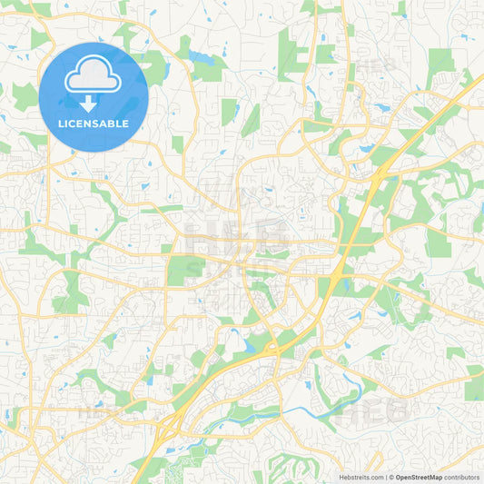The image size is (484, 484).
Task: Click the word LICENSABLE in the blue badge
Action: click(x=94, y=123)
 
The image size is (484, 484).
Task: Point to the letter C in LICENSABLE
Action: click(x=77, y=123)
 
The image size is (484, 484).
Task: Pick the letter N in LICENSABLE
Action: click(x=94, y=123)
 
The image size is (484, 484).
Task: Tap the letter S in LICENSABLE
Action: click(x=102, y=123)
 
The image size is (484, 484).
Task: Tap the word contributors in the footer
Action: click(x=462, y=477)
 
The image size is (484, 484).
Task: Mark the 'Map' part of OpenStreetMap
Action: click(x=435, y=477)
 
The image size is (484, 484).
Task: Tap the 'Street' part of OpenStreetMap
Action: click(x=420, y=477)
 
